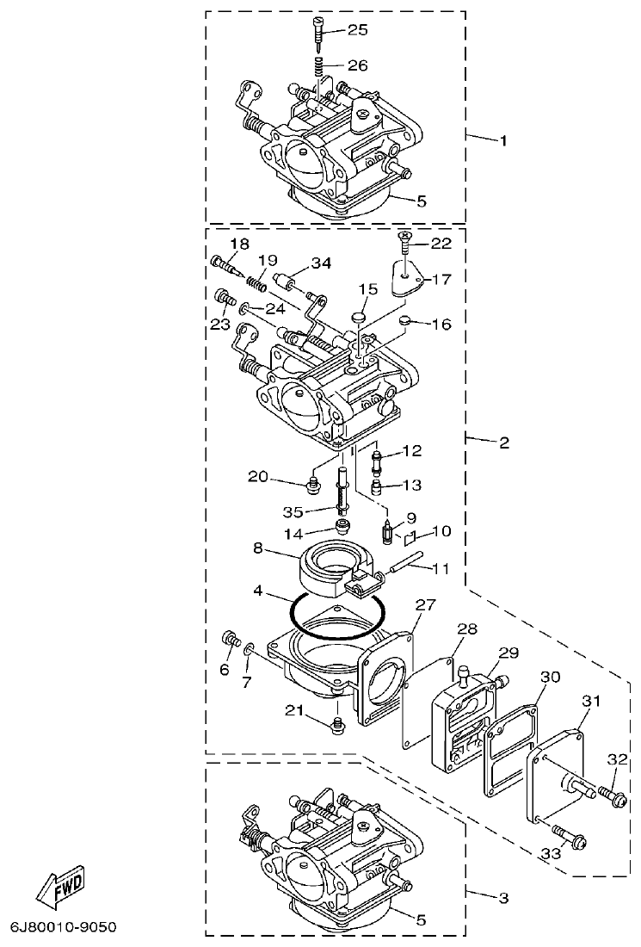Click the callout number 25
click(x=357, y=30)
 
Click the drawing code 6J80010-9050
click(x=63, y=928)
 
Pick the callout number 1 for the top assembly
click(x=503, y=139)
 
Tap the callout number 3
click(x=503, y=898)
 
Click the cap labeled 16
click(x=406, y=323)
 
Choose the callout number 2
click(x=503, y=443)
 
